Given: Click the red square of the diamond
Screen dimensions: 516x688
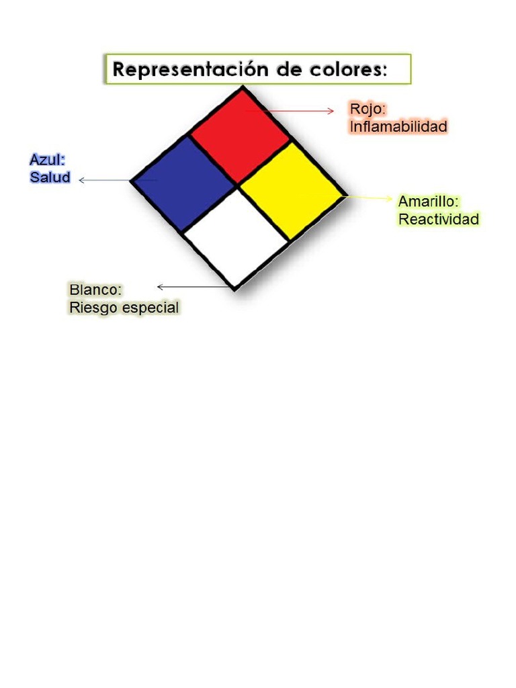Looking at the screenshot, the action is tap(241, 134).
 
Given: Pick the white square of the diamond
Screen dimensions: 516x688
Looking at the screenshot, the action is tap(235, 238).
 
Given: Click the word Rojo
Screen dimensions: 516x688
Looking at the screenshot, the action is tap(368, 109).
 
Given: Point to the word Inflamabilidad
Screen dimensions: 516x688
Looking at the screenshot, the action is tap(398, 126).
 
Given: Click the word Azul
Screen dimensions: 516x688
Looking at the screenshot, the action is tap(47, 160).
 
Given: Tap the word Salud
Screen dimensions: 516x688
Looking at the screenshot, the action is tap(50, 177).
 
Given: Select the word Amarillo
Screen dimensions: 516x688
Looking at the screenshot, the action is tap(429, 201).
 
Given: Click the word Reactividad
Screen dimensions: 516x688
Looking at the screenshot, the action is tap(439, 219).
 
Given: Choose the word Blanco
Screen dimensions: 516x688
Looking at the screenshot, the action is tap(95, 290).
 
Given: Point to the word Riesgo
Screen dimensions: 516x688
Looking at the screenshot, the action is tap(91, 308).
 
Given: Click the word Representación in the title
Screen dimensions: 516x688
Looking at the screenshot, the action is tap(188, 69).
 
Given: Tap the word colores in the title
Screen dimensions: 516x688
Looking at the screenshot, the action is tap(345, 69).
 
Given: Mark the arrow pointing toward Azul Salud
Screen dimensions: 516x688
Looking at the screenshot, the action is tap(104, 180).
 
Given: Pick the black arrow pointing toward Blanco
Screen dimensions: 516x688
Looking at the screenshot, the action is tap(191, 287).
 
